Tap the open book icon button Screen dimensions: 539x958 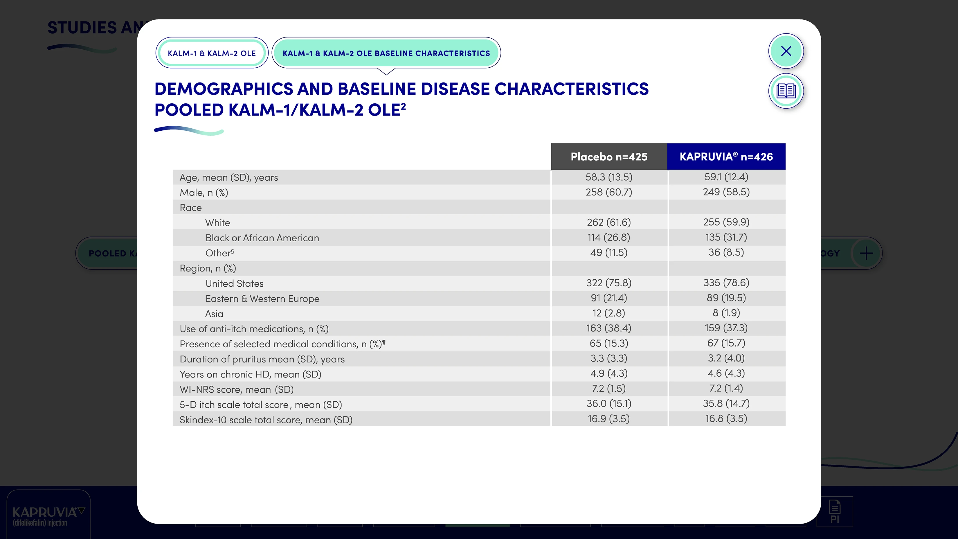(786, 91)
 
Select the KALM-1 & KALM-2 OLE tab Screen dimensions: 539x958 (212, 53)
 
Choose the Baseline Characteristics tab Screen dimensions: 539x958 (386, 53)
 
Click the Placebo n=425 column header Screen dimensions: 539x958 (609, 157)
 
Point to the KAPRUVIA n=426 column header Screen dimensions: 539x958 (726, 157)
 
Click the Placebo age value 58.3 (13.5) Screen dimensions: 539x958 (609, 177)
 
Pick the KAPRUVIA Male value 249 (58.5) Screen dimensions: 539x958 (726, 192)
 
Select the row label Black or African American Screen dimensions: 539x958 (262, 238)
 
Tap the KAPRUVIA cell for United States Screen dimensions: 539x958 (726, 283)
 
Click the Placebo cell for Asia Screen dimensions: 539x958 (609, 313)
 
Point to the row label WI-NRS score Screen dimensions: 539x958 (237, 389)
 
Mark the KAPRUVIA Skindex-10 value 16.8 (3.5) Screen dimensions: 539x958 (726, 418)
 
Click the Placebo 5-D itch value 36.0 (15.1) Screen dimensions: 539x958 (609, 404)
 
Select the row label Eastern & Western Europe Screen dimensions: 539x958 (262, 299)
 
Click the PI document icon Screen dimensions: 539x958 (835, 511)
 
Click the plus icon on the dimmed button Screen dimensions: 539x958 (866, 253)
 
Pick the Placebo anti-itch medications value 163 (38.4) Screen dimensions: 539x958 (609, 328)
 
